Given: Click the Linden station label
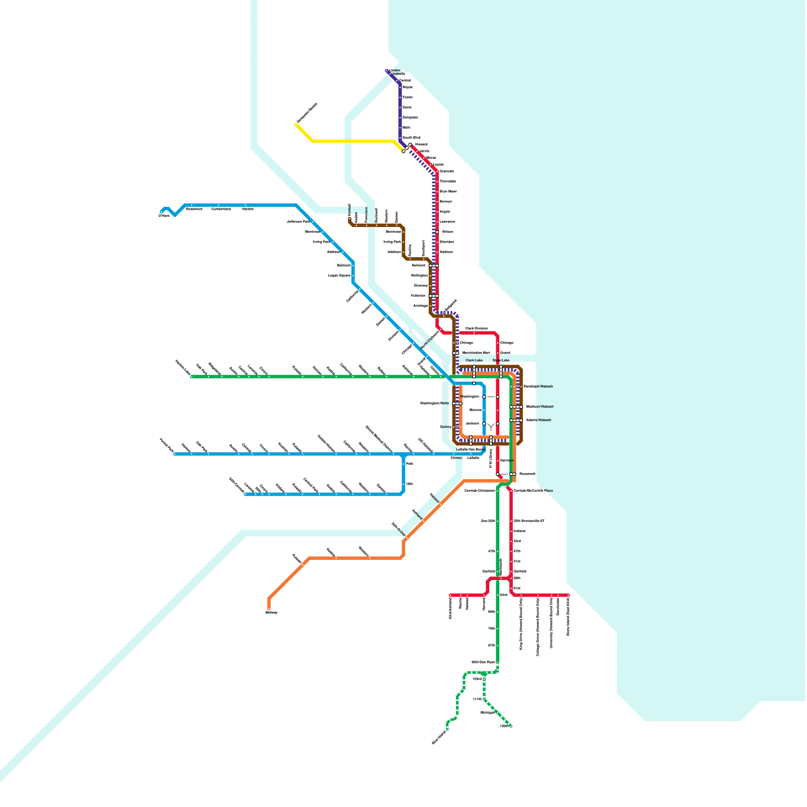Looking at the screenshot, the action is [395, 71].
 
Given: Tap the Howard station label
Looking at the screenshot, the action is [421, 144].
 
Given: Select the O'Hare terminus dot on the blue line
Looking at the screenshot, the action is [162, 212].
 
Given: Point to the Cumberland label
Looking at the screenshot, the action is [221, 209].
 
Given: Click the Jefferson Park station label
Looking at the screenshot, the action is [298, 221].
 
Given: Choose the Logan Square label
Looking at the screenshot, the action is [339, 276].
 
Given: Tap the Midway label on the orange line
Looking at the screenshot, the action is [271, 612].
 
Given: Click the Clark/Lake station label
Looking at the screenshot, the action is [474, 361].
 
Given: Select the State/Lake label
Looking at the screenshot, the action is [501, 361].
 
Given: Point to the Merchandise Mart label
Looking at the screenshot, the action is [476, 353].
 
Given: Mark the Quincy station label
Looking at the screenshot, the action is [445, 427].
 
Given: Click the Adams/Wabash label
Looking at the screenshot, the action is [538, 420].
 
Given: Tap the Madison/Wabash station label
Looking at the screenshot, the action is [540, 407].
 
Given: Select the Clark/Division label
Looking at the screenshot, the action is [476, 329].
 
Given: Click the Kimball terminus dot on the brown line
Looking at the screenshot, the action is [350, 219].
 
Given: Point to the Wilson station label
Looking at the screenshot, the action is [447, 232].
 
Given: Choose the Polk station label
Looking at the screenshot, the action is [410, 464].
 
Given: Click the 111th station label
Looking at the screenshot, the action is [477, 700].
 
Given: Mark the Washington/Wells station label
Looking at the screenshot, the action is [434, 403].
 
